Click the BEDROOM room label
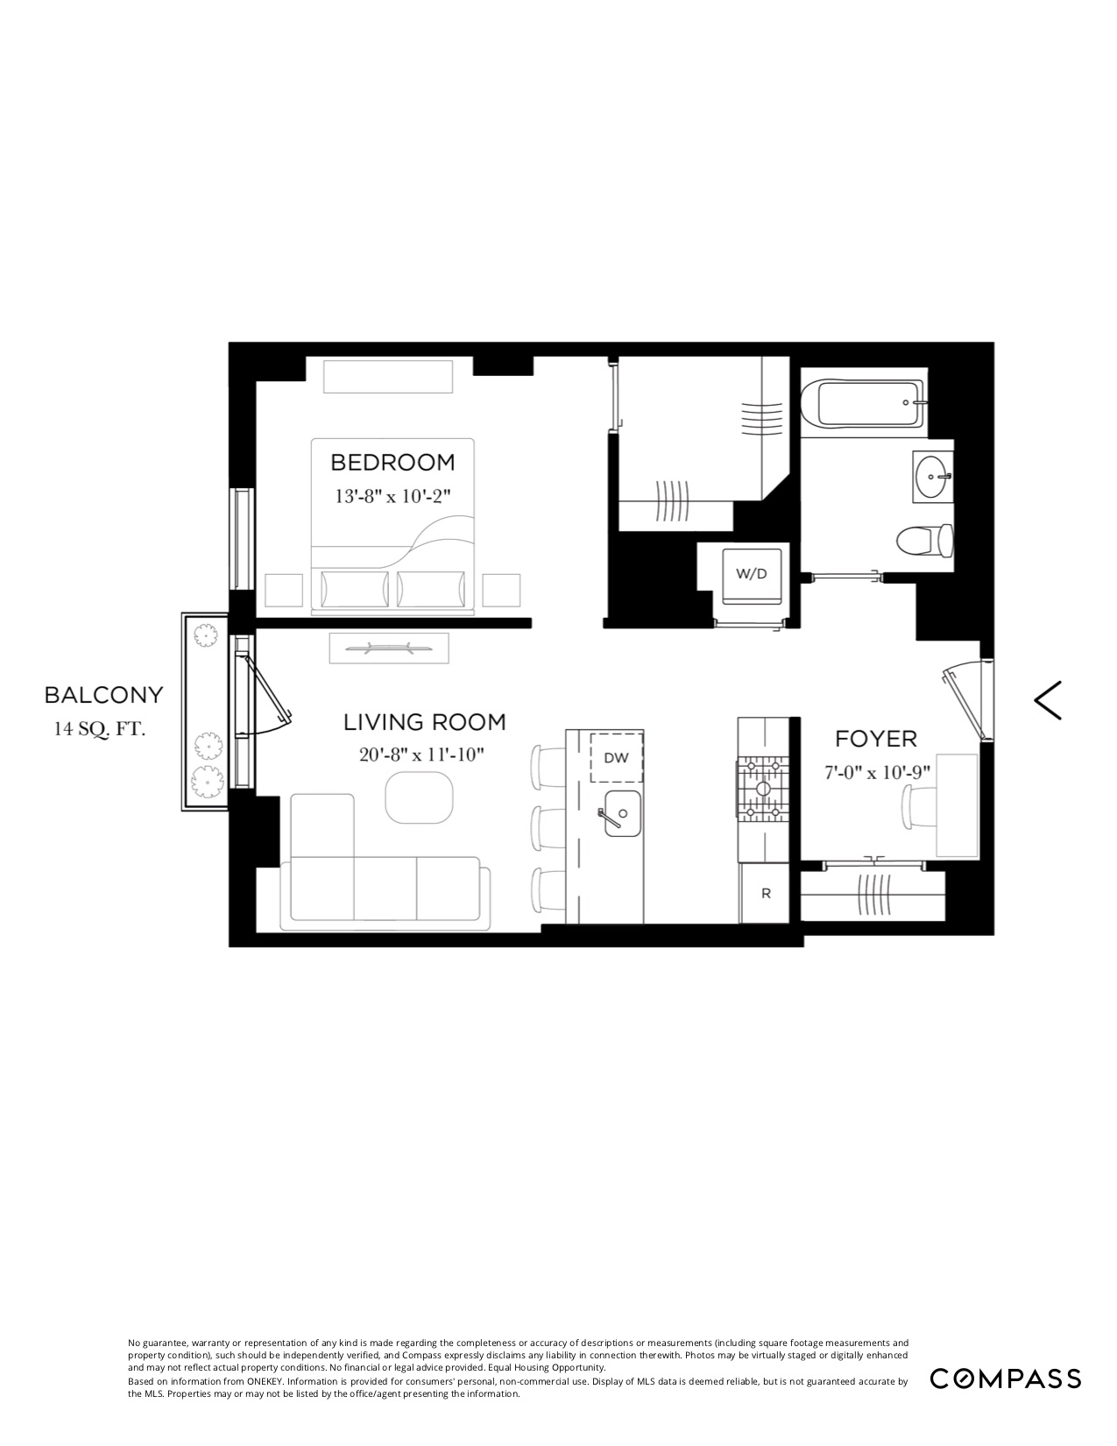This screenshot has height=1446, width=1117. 392,462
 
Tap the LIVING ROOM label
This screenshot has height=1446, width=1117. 425,722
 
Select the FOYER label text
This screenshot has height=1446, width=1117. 875,739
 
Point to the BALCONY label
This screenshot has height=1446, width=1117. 104,695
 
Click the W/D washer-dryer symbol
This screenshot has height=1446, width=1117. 751,575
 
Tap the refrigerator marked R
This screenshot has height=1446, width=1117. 767,894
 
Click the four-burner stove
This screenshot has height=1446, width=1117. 763,789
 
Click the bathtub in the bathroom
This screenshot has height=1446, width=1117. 861,404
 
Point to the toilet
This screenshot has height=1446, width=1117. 925,539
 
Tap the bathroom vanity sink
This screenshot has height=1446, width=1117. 932,477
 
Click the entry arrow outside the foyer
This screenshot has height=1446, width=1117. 1049,700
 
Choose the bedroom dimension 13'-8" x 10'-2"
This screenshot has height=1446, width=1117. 392,495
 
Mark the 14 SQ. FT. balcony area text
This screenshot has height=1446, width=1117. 98,728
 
